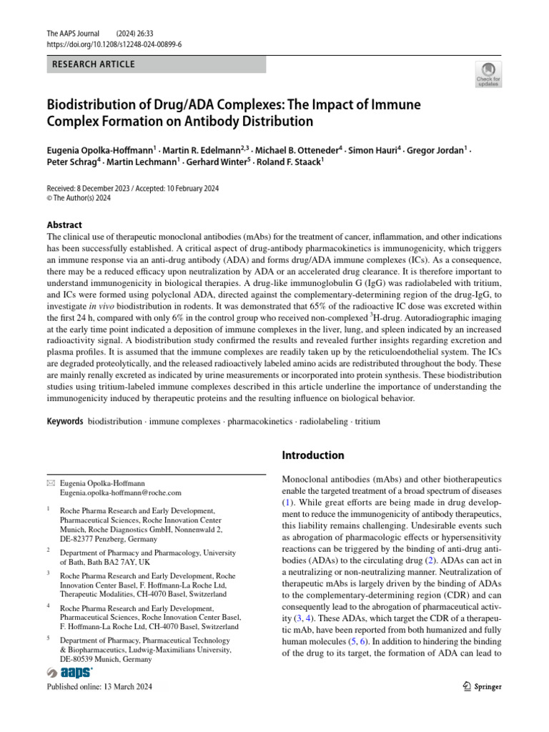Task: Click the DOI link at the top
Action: tap(113, 44)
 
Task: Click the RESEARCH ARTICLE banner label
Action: tap(93, 65)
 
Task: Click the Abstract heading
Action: tap(64, 224)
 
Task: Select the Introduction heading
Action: tap(314, 455)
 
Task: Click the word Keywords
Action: tap(65, 421)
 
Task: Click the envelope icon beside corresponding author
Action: tap(50, 484)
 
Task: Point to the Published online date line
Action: tap(99, 687)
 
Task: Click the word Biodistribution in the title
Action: tap(96, 105)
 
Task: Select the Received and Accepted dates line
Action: tap(132, 189)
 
